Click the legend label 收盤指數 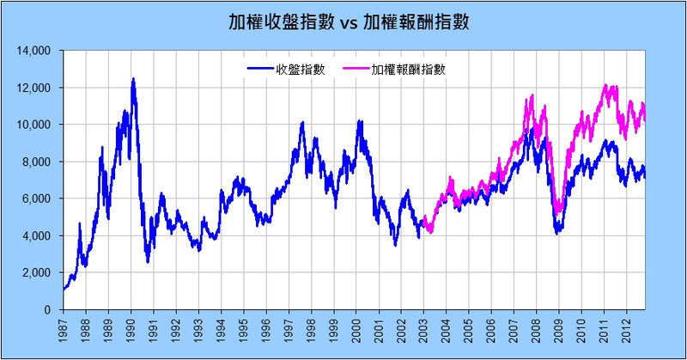pyautogui.click(x=300, y=69)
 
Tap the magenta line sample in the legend pyautogui.click(x=356, y=69)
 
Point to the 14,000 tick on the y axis pyautogui.click(x=36, y=51)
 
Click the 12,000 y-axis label pyautogui.click(x=36, y=88)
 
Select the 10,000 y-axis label pyautogui.click(x=36, y=125)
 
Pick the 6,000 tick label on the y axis pyautogui.click(x=39, y=198)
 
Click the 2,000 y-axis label pyautogui.click(x=39, y=272)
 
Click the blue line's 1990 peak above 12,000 pyautogui.click(x=133, y=79)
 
